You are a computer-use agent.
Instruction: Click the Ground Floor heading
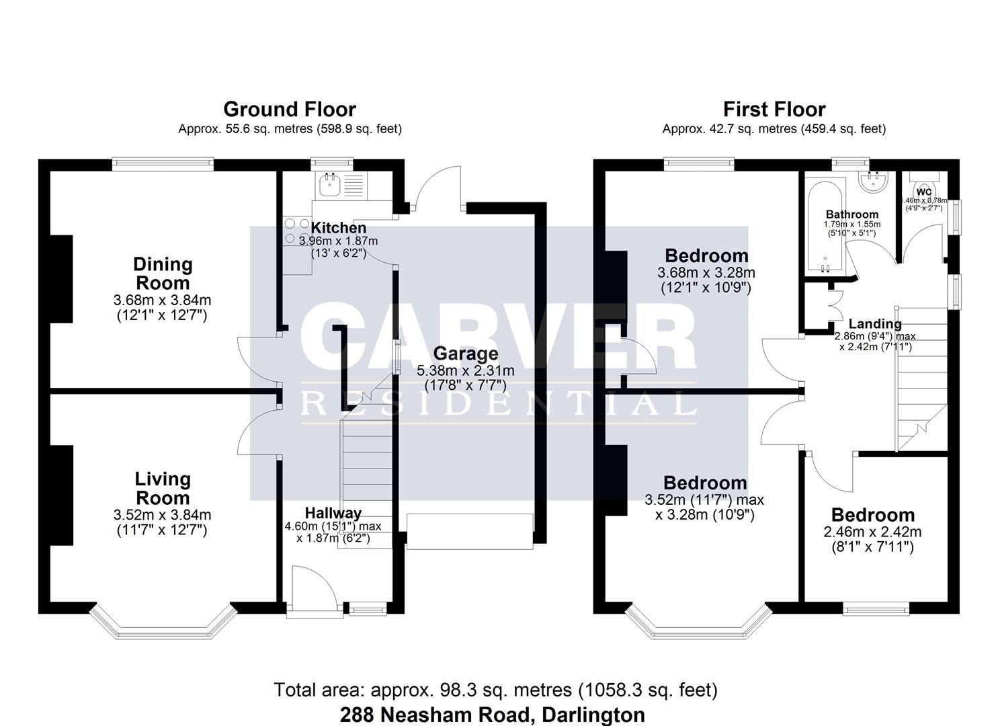pyautogui.click(x=289, y=109)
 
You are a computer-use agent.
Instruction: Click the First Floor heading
pyautogui.click(x=774, y=109)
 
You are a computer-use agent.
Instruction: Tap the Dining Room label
pyautogui.click(x=163, y=273)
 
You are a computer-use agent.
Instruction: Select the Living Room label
pyautogui.click(x=163, y=488)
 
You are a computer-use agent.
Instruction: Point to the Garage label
pyautogui.click(x=465, y=354)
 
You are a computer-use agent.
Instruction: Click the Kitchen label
pyautogui.click(x=338, y=228)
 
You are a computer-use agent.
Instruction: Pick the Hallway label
pyautogui.click(x=333, y=514)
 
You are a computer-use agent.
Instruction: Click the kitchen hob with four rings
pyautogui.click(x=296, y=231)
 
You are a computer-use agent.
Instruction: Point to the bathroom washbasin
pyautogui.click(x=874, y=180)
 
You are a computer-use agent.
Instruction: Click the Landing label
pyautogui.click(x=874, y=324)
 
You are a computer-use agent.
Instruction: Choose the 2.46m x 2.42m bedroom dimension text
pyautogui.click(x=872, y=532)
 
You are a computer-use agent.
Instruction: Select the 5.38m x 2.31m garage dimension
pyautogui.click(x=465, y=370)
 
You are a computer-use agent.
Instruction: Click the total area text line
pyautogui.click(x=495, y=690)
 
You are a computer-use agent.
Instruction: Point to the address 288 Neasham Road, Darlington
pyautogui.click(x=492, y=714)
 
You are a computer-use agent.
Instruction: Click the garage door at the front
pyautogui.click(x=470, y=532)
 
